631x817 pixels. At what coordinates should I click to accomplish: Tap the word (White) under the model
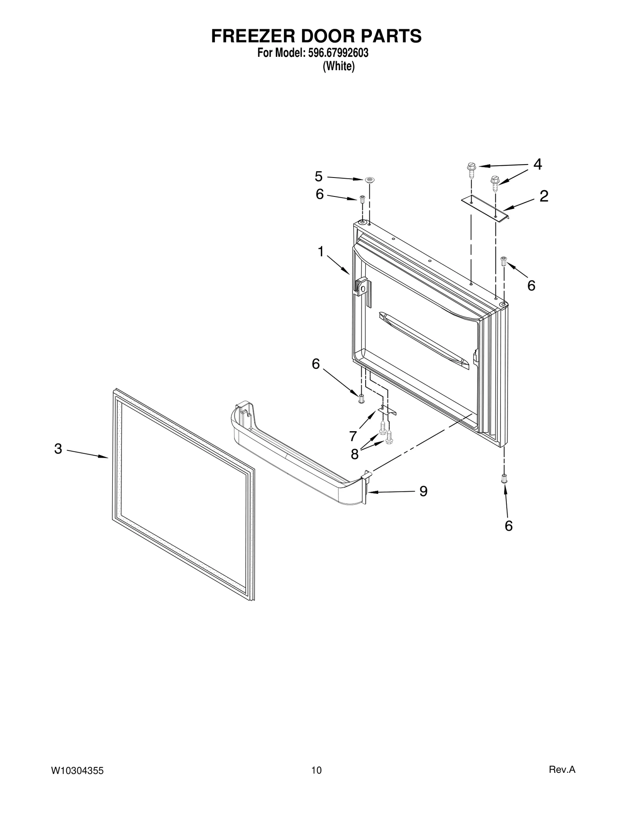338,66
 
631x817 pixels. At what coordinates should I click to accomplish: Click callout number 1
321,251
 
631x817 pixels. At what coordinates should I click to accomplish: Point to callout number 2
544,196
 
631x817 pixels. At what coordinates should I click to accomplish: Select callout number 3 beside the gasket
58,449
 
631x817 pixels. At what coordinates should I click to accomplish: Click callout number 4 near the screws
537,164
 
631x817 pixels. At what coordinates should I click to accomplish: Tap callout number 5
319,176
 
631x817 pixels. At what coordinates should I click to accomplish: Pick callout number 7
353,436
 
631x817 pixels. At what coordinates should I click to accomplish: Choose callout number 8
355,454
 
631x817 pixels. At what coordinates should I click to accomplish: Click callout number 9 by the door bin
423,491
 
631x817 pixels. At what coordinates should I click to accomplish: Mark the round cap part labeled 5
370,180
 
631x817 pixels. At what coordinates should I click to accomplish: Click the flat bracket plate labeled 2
485,208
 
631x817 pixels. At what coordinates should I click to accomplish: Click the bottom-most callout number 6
508,525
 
